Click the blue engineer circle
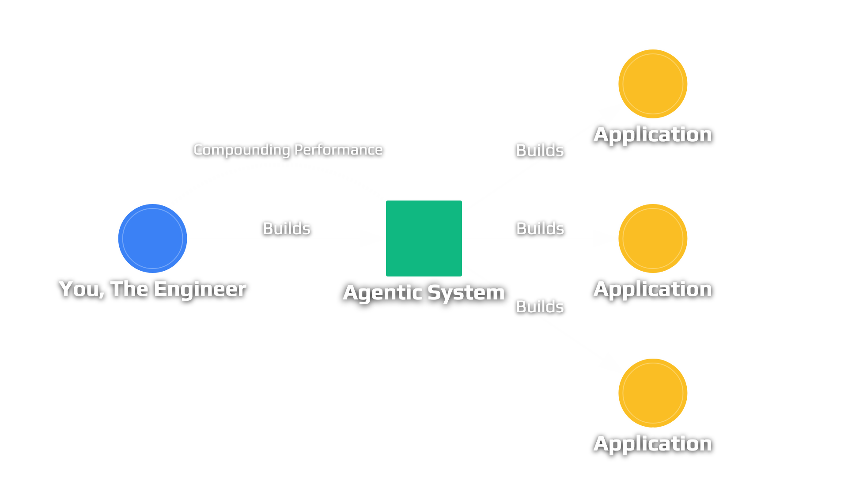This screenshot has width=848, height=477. pyautogui.click(x=152, y=238)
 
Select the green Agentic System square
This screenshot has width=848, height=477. pyautogui.click(x=424, y=238)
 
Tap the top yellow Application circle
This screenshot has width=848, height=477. pyautogui.click(x=653, y=84)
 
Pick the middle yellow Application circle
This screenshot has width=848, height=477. pyautogui.click(x=653, y=238)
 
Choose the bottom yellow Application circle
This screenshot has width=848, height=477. pyautogui.click(x=653, y=393)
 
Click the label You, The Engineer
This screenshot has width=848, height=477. pyautogui.click(x=152, y=289)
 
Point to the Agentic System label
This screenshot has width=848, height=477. pyautogui.click(x=424, y=292)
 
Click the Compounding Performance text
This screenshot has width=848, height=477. pyautogui.click(x=288, y=150)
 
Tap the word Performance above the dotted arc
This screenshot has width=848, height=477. pyautogui.click(x=338, y=150)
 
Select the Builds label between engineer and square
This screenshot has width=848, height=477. pyautogui.click(x=286, y=229)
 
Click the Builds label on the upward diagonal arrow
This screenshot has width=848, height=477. pyautogui.click(x=540, y=151)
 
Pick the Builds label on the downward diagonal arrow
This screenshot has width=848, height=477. pyautogui.click(x=540, y=307)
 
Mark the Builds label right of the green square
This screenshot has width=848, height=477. pyautogui.click(x=540, y=229)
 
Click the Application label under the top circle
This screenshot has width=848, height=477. pyautogui.click(x=652, y=135)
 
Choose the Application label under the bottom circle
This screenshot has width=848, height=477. pyautogui.click(x=652, y=444)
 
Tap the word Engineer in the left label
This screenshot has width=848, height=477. pyautogui.click(x=200, y=289)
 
